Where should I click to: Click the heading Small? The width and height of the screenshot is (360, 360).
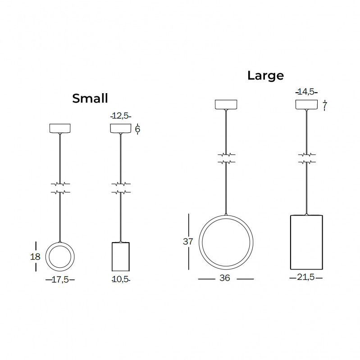(90, 99)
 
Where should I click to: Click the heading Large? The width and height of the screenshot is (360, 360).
(265, 75)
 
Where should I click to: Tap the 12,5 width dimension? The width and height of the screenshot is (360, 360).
(120, 116)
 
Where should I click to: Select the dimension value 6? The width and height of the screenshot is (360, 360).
(137, 129)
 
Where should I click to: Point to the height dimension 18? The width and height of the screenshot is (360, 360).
(36, 257)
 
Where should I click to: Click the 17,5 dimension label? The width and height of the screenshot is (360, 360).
(60, 279)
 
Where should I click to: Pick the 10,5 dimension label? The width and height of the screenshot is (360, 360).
(120, 279)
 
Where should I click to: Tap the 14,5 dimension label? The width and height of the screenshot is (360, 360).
(306, 92)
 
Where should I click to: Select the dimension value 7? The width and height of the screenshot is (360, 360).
(324, 106)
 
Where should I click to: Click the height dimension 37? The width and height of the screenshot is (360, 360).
(188, 241)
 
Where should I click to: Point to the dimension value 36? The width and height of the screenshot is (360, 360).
(225, 279)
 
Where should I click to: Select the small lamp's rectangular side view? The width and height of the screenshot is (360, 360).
(120, 257)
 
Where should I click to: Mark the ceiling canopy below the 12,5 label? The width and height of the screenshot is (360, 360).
(120, 128)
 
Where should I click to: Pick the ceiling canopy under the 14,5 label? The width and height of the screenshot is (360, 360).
(306, 104)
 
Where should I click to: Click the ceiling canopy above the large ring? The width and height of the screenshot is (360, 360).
(226, 104)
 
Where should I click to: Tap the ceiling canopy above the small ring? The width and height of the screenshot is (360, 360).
(60, 128)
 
